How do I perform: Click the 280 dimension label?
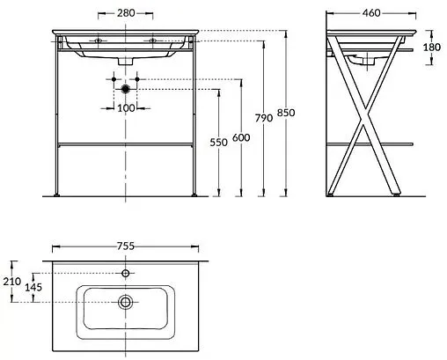(x=126, y=13)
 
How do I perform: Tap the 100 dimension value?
(x=126, y=108)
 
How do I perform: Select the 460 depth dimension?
(x=370, y=13)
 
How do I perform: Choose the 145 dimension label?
(x=33, y=288)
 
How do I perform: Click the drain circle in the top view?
(x=127, y=303)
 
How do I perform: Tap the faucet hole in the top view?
(x=127, y=274)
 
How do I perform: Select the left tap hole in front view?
(x=98, y=40)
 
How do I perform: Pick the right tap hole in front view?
(x=153, y=40)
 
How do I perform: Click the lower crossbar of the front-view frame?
(x=126, y=142)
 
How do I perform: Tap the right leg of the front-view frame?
(x=195, y=123)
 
